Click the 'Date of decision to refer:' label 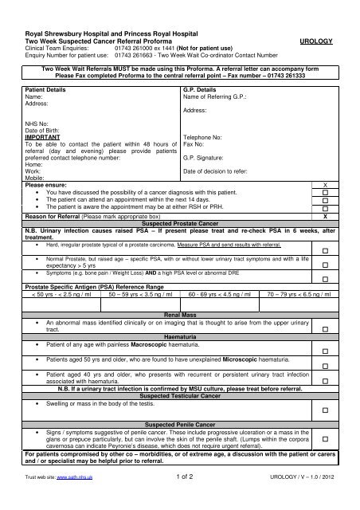click(x=218, y=171)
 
